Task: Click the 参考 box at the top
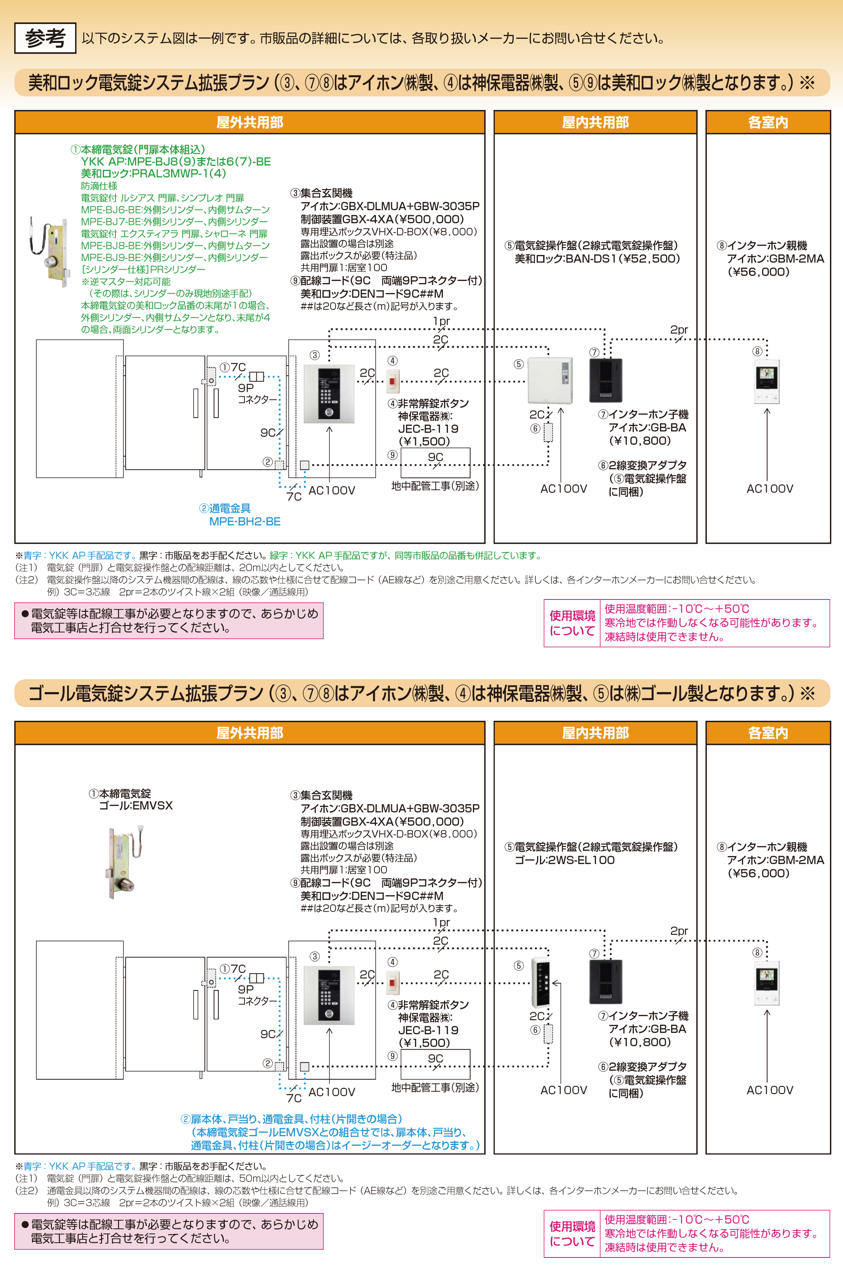45,38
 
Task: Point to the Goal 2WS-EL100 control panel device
540,982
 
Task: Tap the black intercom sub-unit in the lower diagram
606,982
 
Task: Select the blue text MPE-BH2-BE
244,521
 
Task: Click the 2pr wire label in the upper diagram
679,329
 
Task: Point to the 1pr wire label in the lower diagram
441,922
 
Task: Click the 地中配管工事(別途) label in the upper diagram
435,486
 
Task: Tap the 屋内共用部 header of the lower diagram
595,733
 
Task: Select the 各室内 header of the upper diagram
767,123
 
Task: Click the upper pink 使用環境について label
572,623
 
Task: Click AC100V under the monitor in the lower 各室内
769,1090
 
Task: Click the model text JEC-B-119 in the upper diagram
428,429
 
